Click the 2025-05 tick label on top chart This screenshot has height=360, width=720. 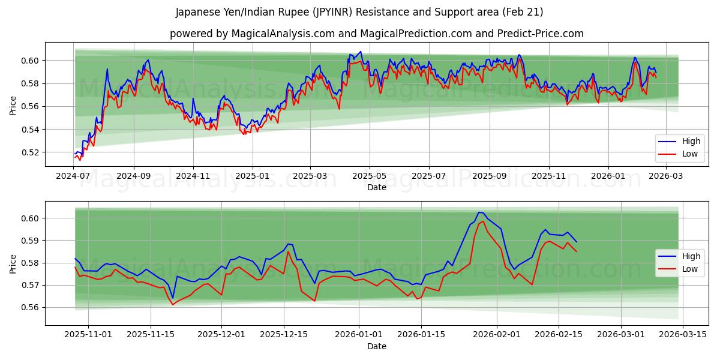point(370,176)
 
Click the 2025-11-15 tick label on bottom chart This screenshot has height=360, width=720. point(151,335)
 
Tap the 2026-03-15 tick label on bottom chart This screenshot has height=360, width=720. point(683,335)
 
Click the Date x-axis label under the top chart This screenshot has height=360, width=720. point(377,187)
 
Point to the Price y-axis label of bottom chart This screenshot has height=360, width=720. point(13,263)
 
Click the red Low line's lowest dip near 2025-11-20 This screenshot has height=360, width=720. point(173,305)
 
